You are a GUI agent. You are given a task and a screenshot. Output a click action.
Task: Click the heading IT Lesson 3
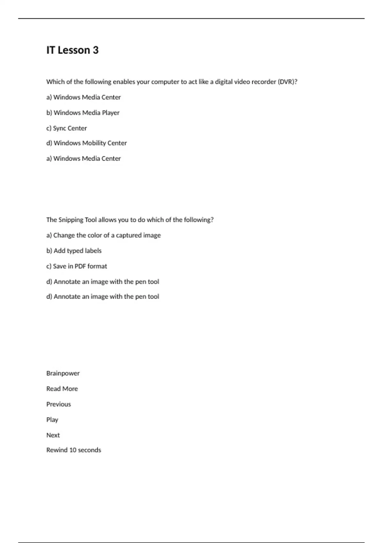[x=72, y=50]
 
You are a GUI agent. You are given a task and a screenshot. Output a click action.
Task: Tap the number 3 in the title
[x=95, y=50]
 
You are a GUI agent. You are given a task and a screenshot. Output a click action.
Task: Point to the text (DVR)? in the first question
[x=288, y=82]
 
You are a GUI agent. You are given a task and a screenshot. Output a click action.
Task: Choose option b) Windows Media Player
[x=83, y=113]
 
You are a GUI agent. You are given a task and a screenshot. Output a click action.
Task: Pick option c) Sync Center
[x=66, y=128]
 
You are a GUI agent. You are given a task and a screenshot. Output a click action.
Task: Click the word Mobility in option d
[x=95, y=143]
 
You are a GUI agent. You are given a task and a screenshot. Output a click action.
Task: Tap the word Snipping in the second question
[x=71, y=220]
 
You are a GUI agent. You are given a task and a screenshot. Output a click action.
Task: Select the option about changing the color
[x=103, y=235]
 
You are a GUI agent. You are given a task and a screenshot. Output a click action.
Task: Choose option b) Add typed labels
[x=74, y=251]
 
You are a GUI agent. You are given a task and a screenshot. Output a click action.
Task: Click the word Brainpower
[x=63, y=373]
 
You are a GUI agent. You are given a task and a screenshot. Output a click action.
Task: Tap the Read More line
[x=62, y=389]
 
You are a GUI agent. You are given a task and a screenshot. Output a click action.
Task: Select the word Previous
[x=58, y=404]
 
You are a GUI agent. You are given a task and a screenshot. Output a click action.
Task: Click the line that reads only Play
[x=52, y=420]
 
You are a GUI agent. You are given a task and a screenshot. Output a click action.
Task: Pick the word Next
[x=53, y=435]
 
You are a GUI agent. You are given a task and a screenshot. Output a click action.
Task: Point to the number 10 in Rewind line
[x=73, y=450]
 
